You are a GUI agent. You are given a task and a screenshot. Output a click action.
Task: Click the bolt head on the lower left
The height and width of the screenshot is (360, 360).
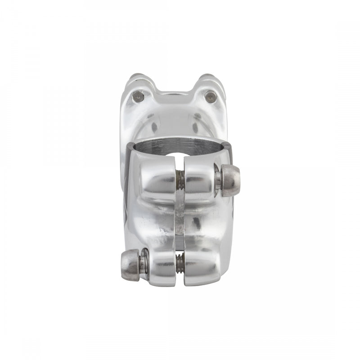pyautogui.click(x=130, y=265)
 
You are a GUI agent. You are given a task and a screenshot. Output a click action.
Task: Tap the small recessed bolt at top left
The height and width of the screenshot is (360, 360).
pyautogui.click(x=138, y=96)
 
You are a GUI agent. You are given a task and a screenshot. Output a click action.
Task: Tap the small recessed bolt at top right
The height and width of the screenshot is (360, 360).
pyautogui.click(x=210, y=96)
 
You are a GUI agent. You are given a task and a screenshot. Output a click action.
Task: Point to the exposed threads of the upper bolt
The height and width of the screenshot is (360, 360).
pyautogui.click(x=180, y=180)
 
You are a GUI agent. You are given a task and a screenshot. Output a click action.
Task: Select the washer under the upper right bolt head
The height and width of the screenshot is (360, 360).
pyautogui.click(x=217, y=180)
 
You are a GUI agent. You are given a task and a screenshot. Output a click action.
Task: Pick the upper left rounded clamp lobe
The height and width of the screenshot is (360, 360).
pyautogui.click(x=157, y=178)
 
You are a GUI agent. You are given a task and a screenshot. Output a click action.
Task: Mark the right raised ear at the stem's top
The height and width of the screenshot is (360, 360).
pyautogui.click(x=209, y=83)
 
